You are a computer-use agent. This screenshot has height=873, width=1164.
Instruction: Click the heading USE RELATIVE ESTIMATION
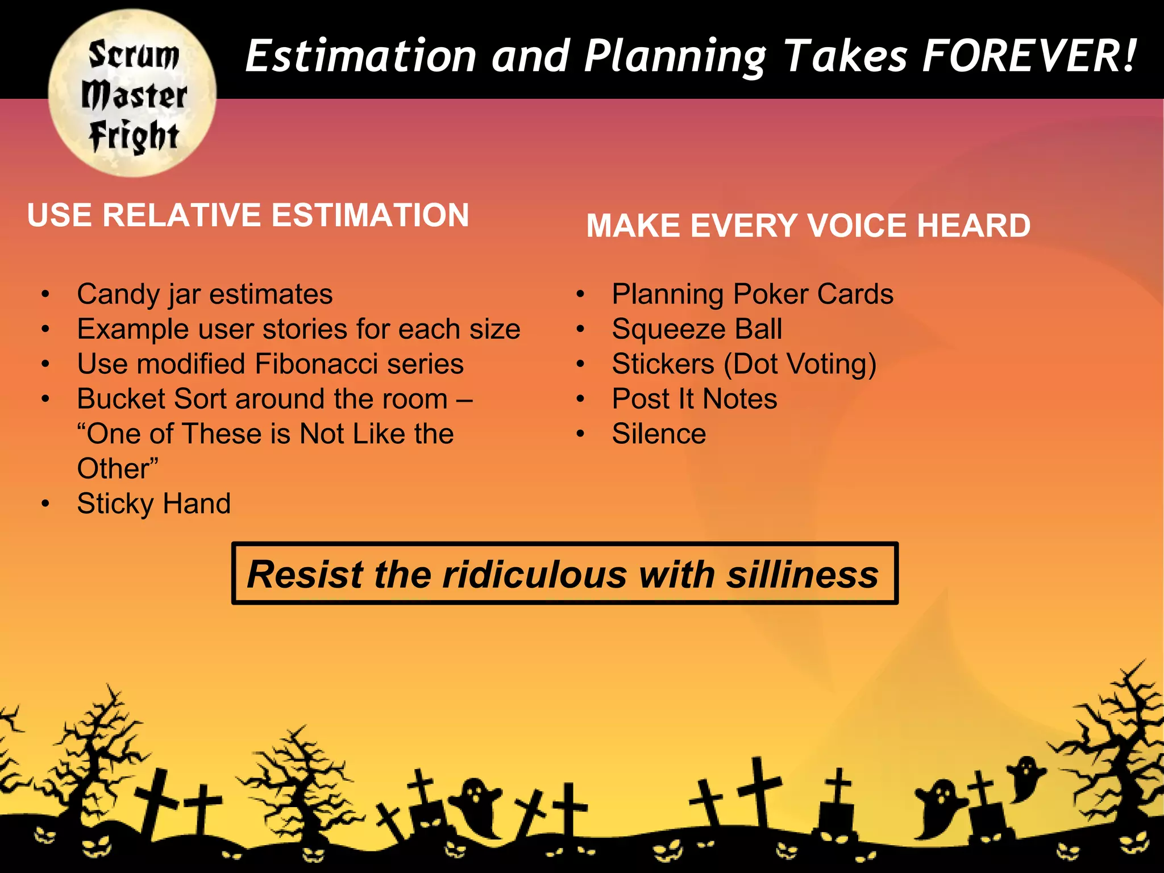(248, 215)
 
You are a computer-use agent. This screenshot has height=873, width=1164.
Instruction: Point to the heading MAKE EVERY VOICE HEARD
(808, 226)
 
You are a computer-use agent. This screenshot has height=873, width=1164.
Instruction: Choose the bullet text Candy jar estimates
(205, 294)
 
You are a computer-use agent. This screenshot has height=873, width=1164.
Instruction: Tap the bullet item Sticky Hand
(153, 504)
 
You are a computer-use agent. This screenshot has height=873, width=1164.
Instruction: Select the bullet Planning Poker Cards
(752, 294)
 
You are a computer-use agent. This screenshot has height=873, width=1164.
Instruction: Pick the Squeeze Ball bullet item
(697, 330)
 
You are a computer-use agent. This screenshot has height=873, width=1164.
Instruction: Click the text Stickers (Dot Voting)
(744, 364)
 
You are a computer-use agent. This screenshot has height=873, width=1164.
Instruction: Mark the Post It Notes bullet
(694, 399)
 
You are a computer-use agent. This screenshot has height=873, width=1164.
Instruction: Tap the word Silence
(659, 434)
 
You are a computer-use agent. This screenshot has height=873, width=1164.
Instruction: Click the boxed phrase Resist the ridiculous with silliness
(564, 573)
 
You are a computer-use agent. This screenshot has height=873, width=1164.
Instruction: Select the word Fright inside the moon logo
(134, 136)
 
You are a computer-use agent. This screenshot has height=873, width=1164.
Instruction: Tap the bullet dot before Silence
(580, 434)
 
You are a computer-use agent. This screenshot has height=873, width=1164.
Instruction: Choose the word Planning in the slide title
(675, 57)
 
